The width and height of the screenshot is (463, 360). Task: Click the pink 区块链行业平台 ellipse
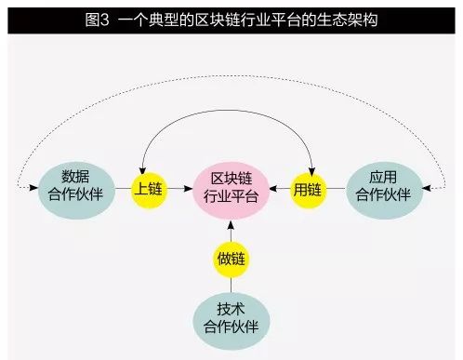tap(231, 188)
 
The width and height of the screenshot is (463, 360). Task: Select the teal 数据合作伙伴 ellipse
tap(81, 188)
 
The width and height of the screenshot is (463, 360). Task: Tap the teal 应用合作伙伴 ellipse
tap(382, 188)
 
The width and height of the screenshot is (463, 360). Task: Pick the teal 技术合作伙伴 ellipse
tap(231, 317)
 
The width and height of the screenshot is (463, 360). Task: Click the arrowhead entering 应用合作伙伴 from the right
tap(429, 189)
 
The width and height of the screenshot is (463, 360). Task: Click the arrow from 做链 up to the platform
tap(231, 229)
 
